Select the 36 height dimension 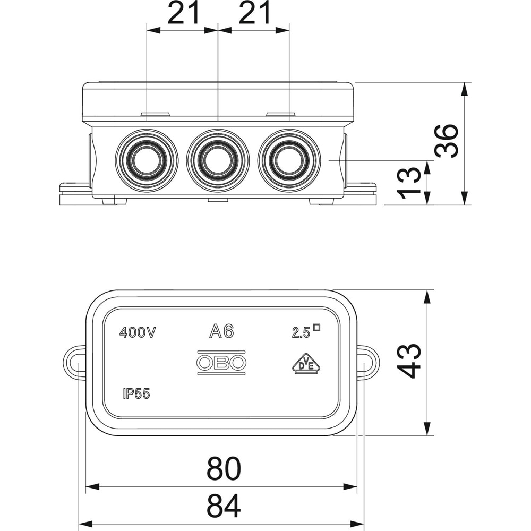(x=446, y=141)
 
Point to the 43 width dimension (x=409, y=361)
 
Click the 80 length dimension (x=224, y=468)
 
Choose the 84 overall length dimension (x=224, y=507)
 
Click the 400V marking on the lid (x=138, y=333)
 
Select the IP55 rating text (x=136, y=394)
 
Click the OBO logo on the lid (x=221, y=363)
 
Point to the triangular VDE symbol (x=306, y=364)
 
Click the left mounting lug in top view (x=74, y=363)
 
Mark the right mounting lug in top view (x=368, y=363)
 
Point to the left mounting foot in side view (x=74, y=194)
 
